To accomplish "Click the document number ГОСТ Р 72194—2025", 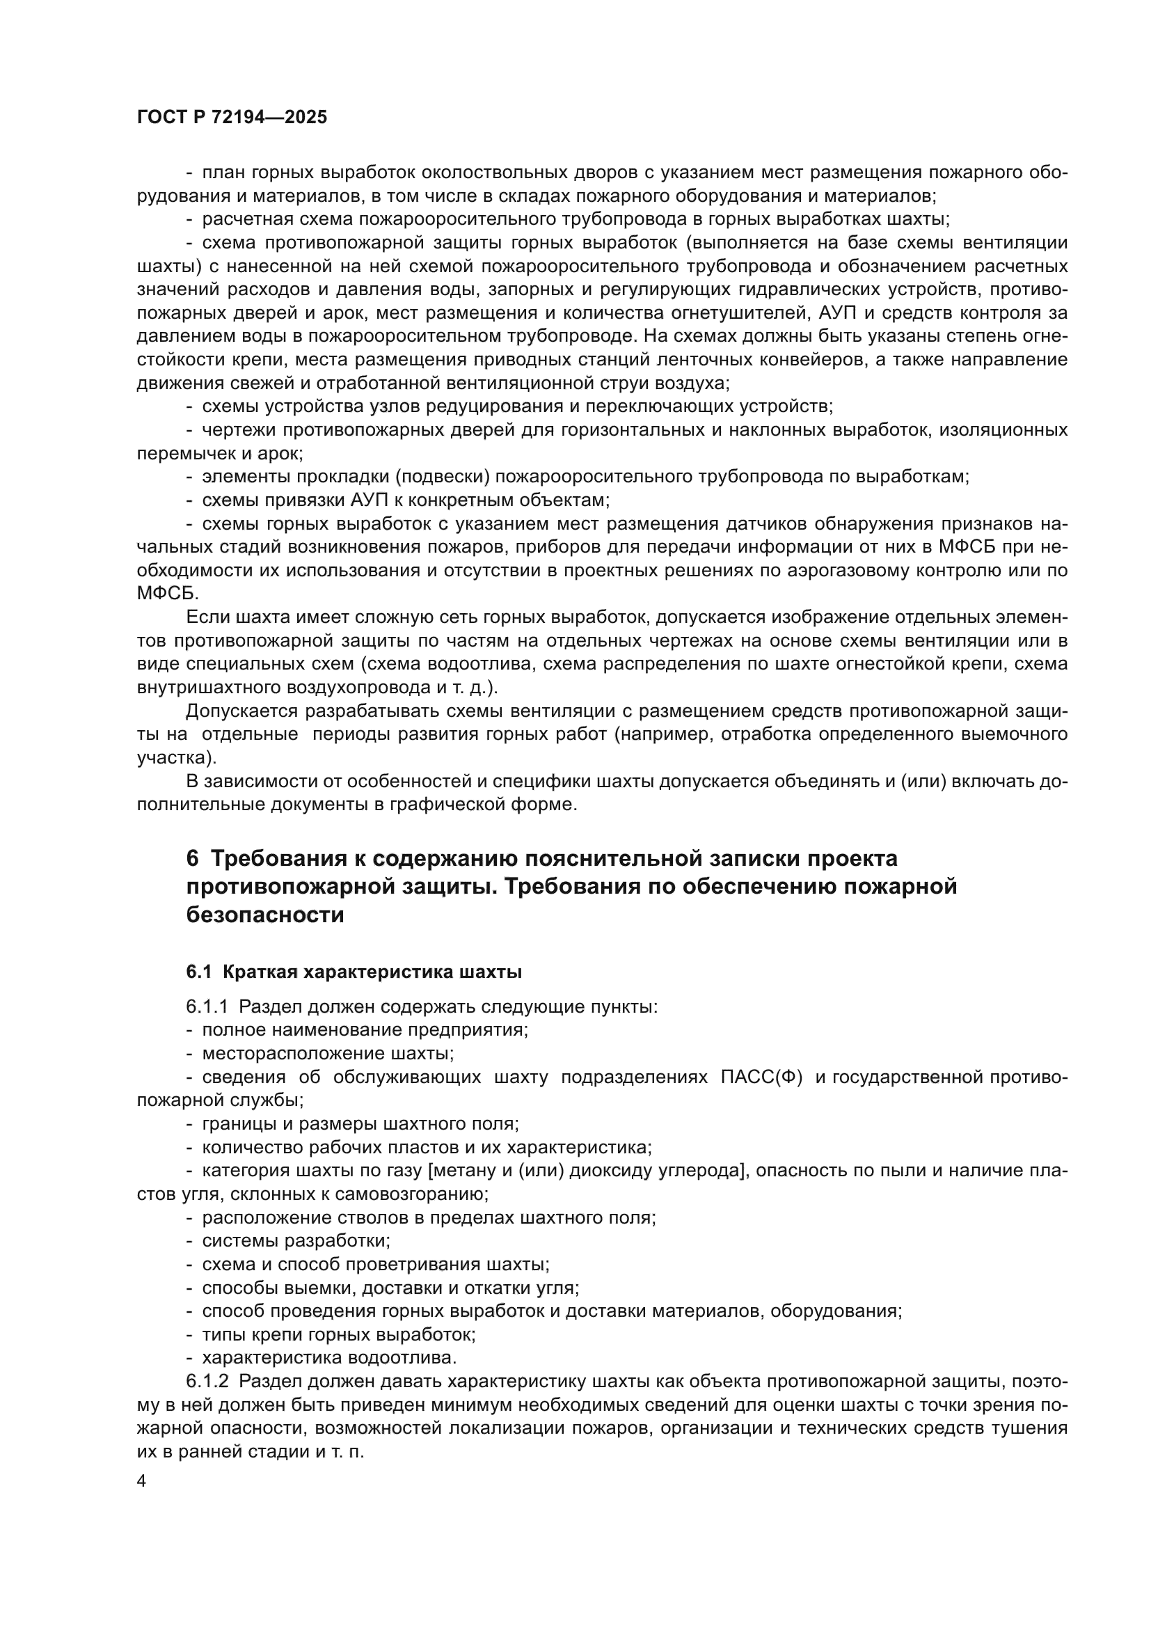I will [x=232, y=118].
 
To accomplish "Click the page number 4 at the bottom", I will [x=142, y=1481].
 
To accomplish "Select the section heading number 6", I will [x=193, y=859].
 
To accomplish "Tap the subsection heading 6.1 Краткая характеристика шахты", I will [x=354, y=972].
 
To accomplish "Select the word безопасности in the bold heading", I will [x=265, y=915].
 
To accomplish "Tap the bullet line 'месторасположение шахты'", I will [x=328, y=1054].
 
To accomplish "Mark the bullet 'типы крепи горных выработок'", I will [x=339, y=1334].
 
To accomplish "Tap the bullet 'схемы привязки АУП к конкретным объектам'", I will [x=406, y=500].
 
